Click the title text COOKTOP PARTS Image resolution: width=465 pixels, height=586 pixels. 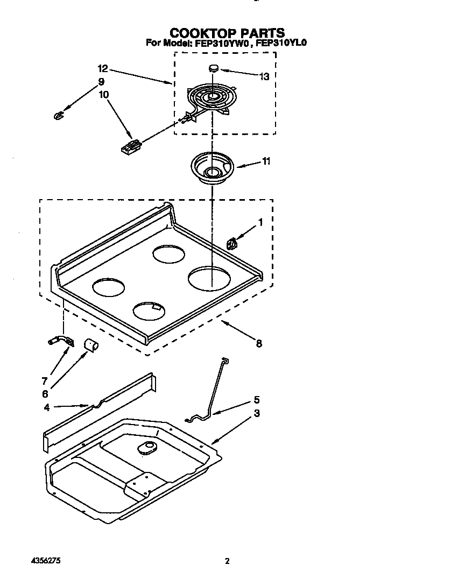point(227,33)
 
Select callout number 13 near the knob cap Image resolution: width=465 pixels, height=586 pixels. point(264,76)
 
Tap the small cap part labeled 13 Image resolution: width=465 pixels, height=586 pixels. point(214,68)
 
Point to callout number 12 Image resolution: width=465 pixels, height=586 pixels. point(103,68)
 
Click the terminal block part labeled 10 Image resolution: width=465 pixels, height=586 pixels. point(131,146)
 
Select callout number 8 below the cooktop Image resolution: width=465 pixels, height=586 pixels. point(259,343)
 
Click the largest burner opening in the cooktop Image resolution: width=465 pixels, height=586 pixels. point(210,278)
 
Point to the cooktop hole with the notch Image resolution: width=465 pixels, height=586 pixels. point(149,310)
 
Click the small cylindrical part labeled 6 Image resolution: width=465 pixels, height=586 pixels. point(90,344)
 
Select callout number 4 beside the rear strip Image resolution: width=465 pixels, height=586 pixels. point(48,407)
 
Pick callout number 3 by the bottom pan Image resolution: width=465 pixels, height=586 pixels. point(257,413)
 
